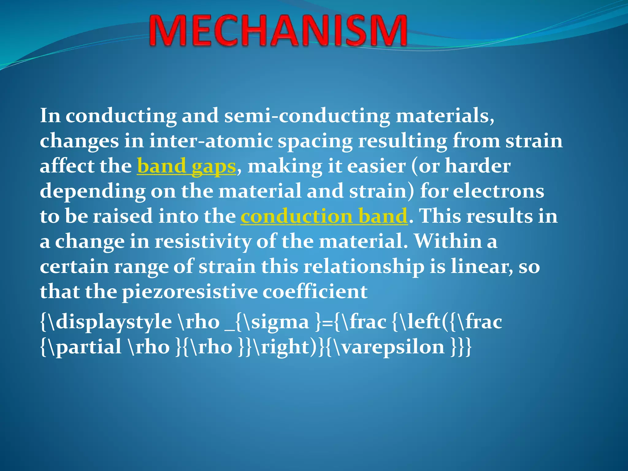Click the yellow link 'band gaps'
(186, 167)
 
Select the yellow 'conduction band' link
(324, 216)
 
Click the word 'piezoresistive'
(190, 292)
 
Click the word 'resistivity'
(203, 242)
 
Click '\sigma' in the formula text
(276, 322)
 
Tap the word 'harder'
(477, 167)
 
